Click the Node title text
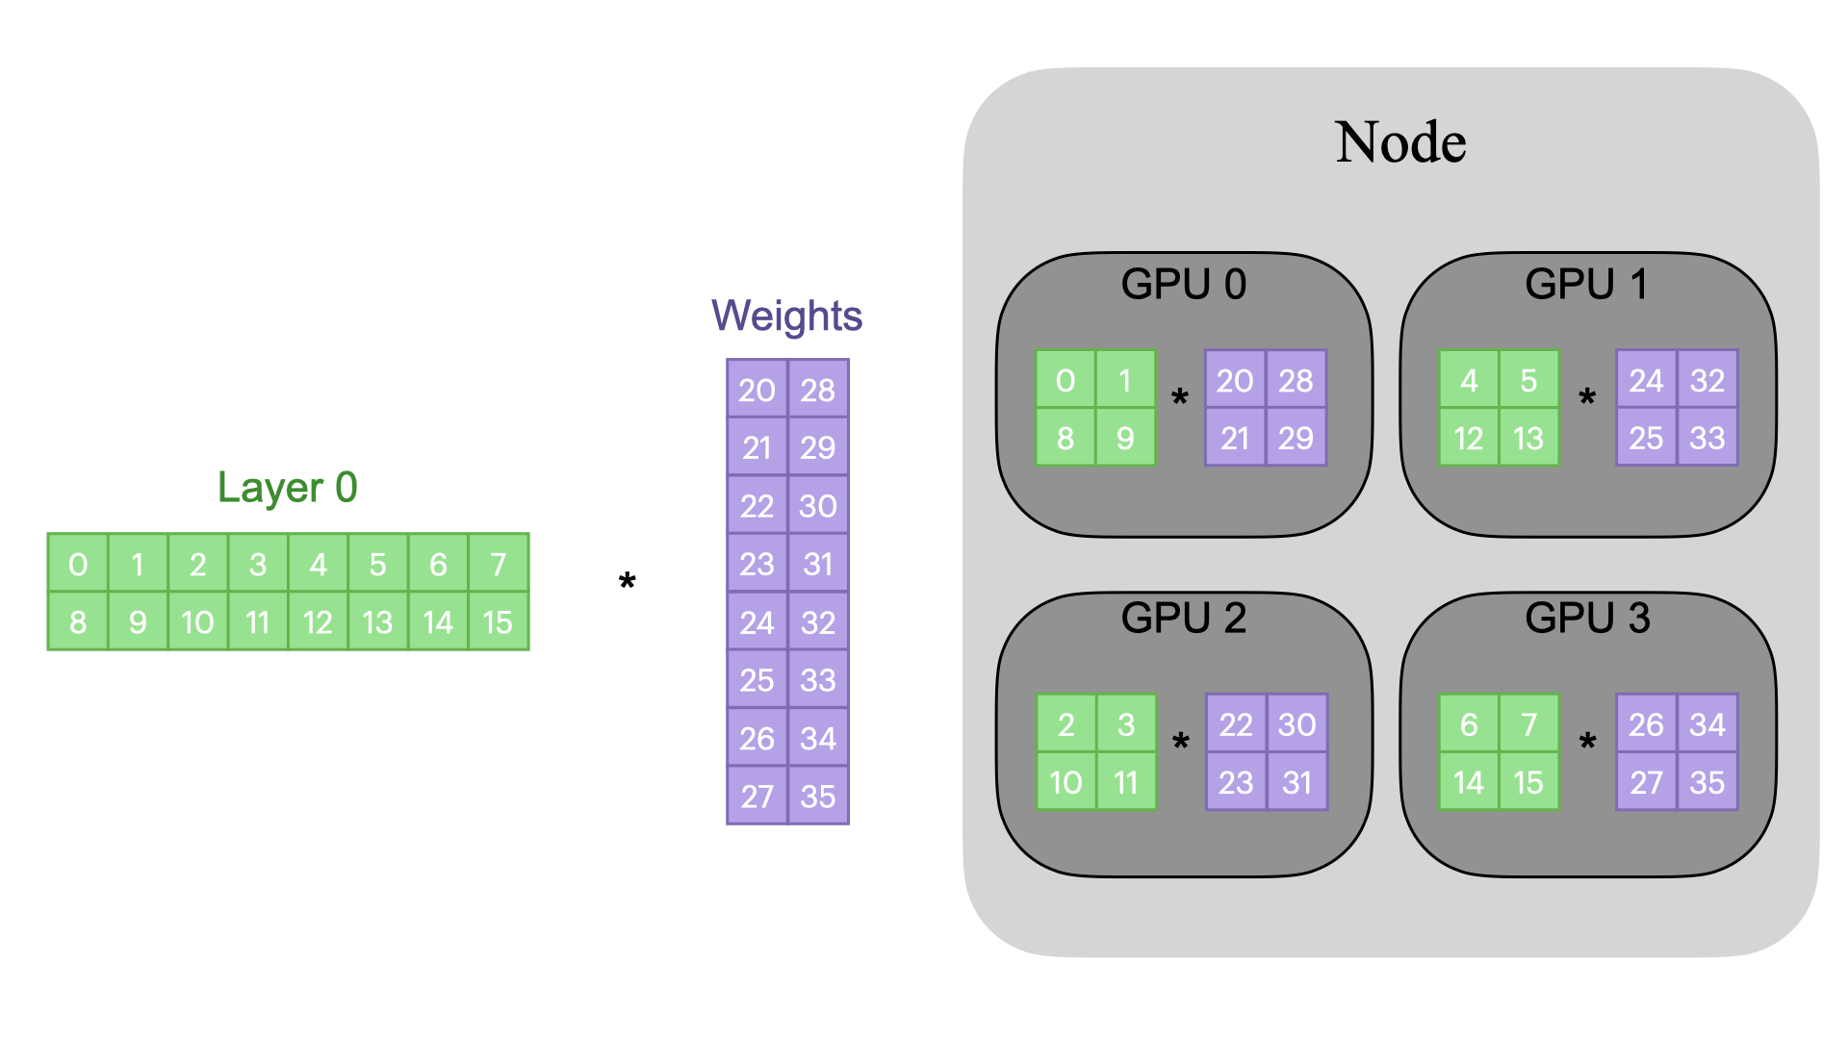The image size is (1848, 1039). pyautogui.click(x=1400, y=142)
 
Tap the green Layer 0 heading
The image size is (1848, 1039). pyautogui.click(x=287, y=488)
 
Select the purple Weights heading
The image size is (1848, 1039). pyautogui.click(x=786, y=316)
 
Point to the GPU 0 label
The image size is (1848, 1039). pyautogui.click(x=1183, y=284)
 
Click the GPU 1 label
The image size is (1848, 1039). pyautogui.click(x=1586, y=284)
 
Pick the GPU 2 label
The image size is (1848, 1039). pyautogui.click(x=1183, y=618)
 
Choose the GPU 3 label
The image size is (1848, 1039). pyautogui.click(x=1587, y=618)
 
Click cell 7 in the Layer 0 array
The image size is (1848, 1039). pyautogui.click(x=498, y=564)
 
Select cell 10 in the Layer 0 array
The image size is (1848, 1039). pyautogui.click(x=197, y=622)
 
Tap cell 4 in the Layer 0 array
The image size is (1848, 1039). pyautogui.click(x=318, y=564)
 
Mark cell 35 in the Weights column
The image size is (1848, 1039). pyautogui.click(x=818, y=797)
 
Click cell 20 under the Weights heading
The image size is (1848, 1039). pyautogui.click(x=757, y=390)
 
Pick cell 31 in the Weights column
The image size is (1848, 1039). pyautogui.click(x=818, y=564)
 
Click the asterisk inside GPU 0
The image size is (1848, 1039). pyautogui.click(x=1180, y=398)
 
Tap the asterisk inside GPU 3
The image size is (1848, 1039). pyautogui.click(x=1587, y=743)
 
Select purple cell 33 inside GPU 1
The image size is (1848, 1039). pyautogui.click(x=1707, y=438)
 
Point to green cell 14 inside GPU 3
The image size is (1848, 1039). pyautogui.click(x=1469, y=782)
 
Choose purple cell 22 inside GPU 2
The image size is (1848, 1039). pyautogui.click(x=1236, y=724)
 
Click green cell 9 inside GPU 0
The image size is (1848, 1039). pyautogui.click(x=1125, y=438)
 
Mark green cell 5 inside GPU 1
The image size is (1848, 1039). pyautogui.click(x=1528, y=380)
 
